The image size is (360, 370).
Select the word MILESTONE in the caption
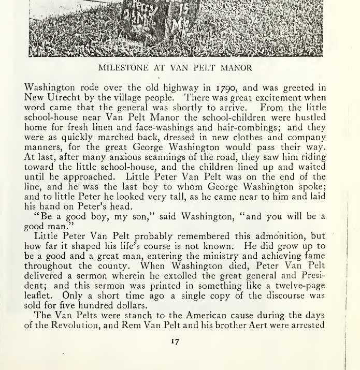(x=123, y=67)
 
